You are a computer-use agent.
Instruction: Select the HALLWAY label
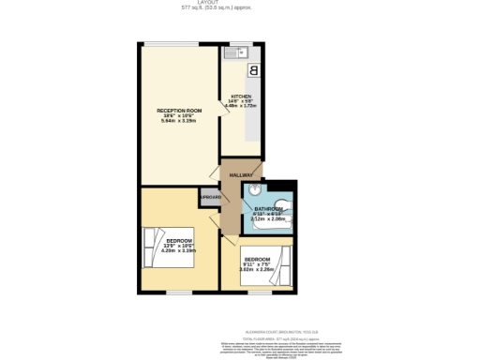pyautogui.click(x=242, y=175)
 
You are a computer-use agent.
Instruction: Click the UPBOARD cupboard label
pyautogui.click(x=210, y=198)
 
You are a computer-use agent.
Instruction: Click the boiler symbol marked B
pyautogui.click(x=252, y=70)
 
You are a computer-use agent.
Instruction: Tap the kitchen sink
pyautogui.click(x=234, y=52)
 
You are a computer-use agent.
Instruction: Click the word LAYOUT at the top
pyautogui.click(x=239, y=3)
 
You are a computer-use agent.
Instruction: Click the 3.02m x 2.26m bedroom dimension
pyautogui.click(x=258, y=270)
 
